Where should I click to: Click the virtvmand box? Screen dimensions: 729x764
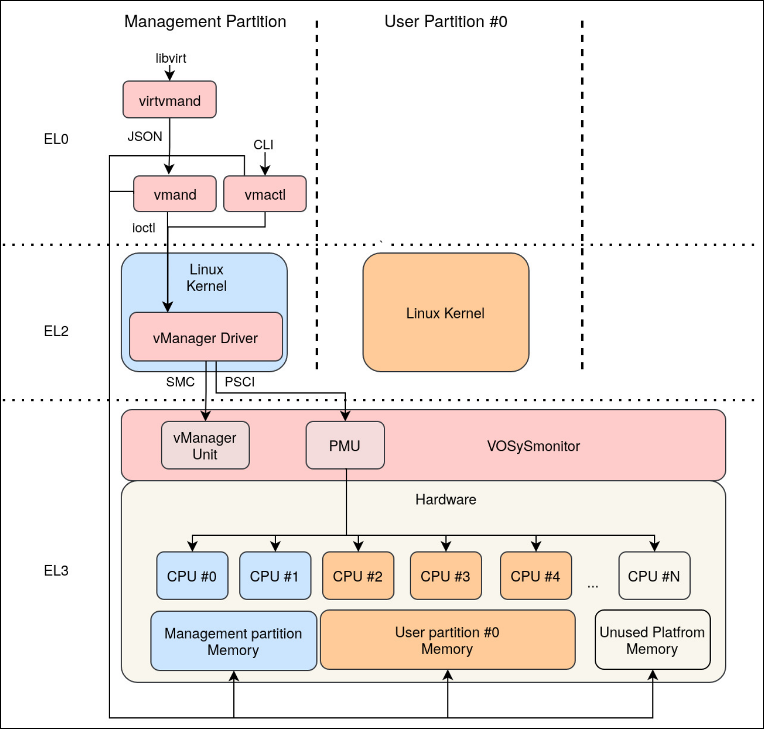tap(170, 100)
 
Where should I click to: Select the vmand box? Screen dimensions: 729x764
tap(175, 194)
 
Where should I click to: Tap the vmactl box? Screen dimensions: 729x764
tap(265, 194)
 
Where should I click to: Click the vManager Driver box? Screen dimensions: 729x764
tap(206, 337)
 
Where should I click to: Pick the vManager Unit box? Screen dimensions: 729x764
tap(205, 445)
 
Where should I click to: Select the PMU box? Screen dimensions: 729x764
tap(345, 445)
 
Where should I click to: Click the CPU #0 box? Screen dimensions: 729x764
tap(192, 576)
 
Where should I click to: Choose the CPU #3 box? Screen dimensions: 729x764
tap(445, 576)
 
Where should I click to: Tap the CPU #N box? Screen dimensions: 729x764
tap(654, 576)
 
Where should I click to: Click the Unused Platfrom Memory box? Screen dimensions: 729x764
tap(652, 640)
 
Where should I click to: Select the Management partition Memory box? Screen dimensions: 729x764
tap(233, 641)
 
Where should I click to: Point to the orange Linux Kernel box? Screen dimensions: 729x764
tap(445, 313)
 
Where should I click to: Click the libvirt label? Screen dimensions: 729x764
tap(171, 58)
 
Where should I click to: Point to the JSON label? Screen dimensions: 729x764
tap(144, 136)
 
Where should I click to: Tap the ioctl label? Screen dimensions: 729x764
tap(143, 228)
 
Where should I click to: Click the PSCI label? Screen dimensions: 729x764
tap(239, 382)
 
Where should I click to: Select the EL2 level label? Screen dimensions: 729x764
tap(56, 331)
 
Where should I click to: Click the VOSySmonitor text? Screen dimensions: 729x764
tap(533, 446)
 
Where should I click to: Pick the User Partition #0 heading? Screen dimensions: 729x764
tap(445, 22)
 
